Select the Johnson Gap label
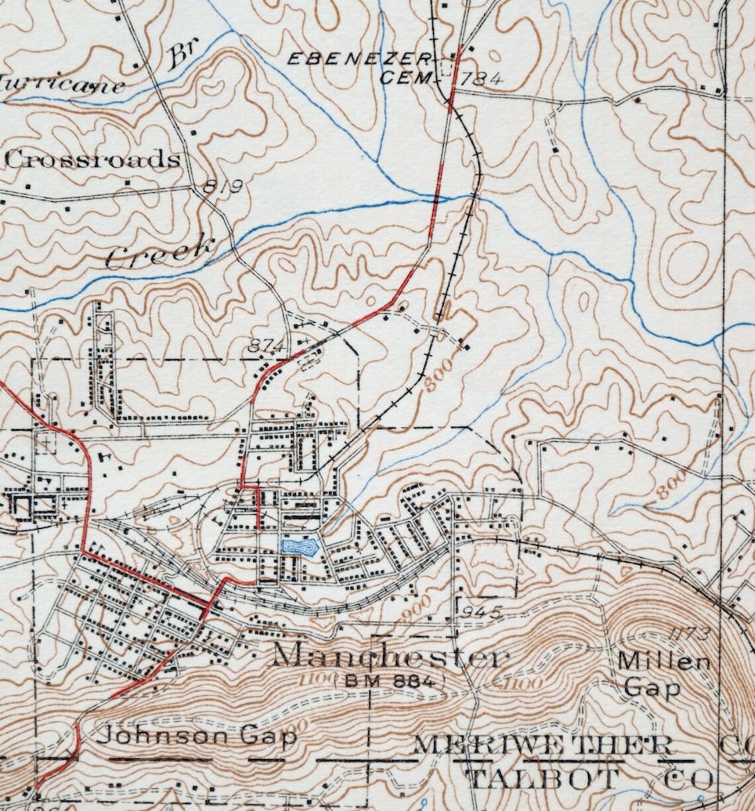click(x=197, y=736)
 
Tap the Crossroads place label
click(x=93, y=160)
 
